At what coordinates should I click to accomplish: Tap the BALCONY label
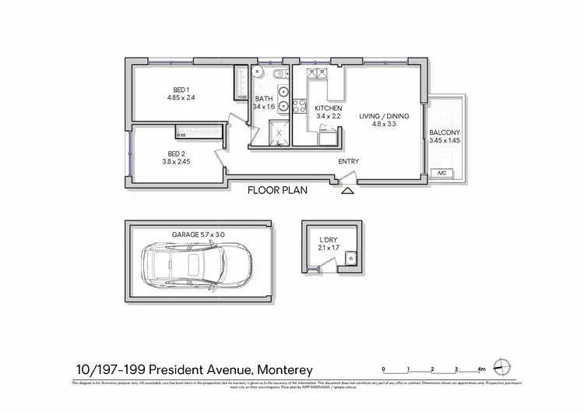(x=445, y=132)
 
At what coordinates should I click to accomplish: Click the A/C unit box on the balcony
(x=442, y=173)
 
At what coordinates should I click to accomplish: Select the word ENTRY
(x=348, y=161)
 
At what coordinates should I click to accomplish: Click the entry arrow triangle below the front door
(x=347, y=189)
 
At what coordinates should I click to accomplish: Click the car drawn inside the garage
(x=196, y=264)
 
